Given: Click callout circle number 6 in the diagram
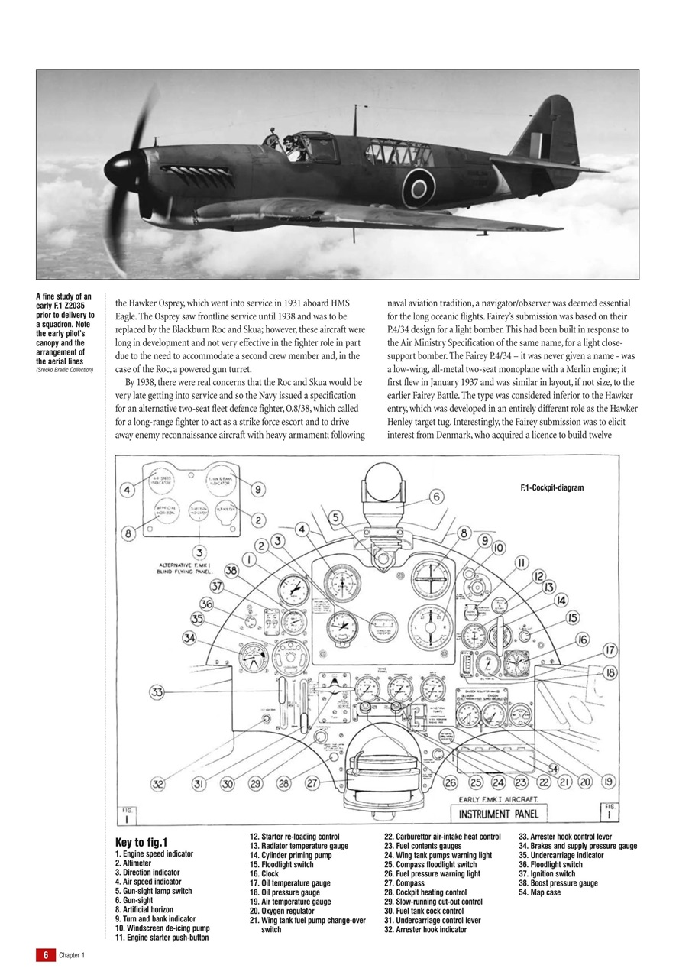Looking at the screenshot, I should [x=437, y=497].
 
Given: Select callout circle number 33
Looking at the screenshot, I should [x=157, y=692].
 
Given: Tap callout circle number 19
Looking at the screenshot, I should [x=608, y=782].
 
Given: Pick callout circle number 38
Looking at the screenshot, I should [x=231, y=570].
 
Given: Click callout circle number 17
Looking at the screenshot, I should [x=610, y=650].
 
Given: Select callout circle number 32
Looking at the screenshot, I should [x=157, y=783].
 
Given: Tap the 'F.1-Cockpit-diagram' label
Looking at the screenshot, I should [x=551, y=487].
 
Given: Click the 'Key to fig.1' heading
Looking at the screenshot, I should [x=141, y=842].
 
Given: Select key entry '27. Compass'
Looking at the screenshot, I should [x=409, y=883].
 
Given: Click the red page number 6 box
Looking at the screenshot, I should [x=45, y=955].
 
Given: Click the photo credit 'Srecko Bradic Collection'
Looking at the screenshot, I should [x=64, y=370].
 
